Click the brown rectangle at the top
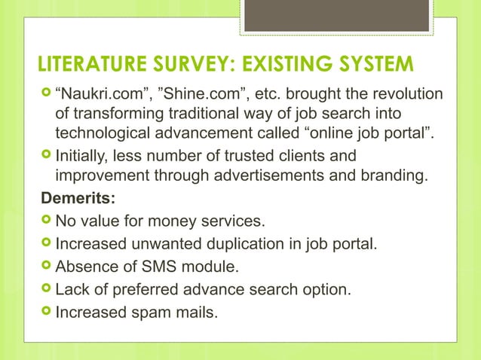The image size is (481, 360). tap(336, 15)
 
